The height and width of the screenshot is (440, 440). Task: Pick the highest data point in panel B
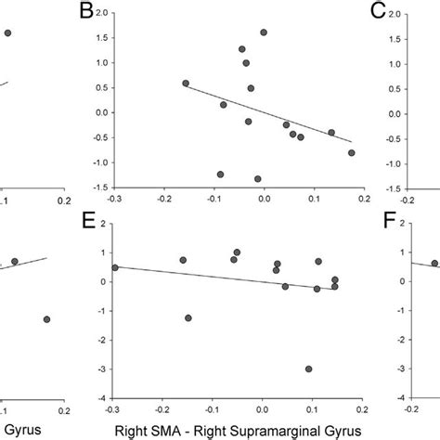point(264,32)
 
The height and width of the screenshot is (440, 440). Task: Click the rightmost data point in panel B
point(351,153)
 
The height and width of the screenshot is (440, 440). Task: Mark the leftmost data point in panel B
point(186,84)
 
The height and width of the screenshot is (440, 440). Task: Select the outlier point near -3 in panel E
point(308,369)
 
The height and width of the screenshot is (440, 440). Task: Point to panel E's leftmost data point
point(115,267)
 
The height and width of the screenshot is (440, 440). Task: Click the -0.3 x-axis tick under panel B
point(115,198)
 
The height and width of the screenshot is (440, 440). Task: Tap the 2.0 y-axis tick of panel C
point(395,14)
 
